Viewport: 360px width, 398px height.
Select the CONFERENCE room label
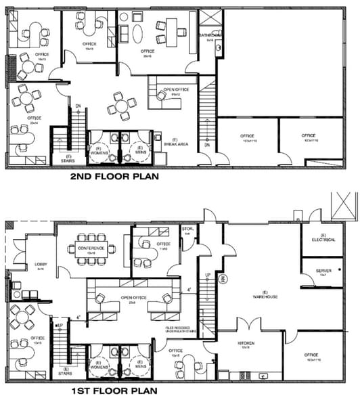[x=91, y=248]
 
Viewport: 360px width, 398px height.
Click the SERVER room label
[x=323, y=271]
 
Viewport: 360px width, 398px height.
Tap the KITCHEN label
[x=245, y=344]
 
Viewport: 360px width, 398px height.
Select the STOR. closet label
[x=187, y=229]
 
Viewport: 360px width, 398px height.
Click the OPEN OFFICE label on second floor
[x=171, y=91]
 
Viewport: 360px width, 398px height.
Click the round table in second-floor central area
[x=121, y=106]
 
